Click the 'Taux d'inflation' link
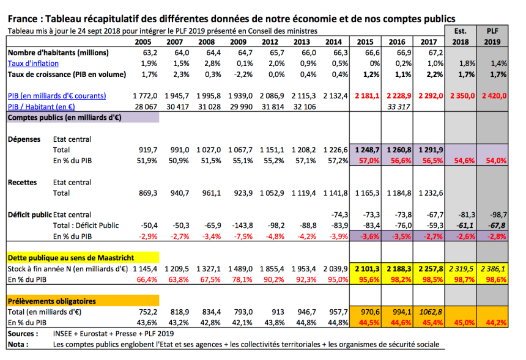pos(33,64)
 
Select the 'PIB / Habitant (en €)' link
pos(41,106)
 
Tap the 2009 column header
pos(238,42)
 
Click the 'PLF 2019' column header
pos(492,36)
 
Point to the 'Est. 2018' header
pos(460,36)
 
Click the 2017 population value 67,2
pos(435,53)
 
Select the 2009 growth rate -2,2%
pos(243,75)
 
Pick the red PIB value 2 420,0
pos(494,96)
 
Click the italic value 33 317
pos(399,106)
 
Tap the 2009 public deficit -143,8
pos(243,226)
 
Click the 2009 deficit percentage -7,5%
pos(243,237)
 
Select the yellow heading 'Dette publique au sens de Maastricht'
pos(71,258)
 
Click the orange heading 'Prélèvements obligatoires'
pos(51,301)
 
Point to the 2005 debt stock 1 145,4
pos(145,269)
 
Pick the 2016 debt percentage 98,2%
pos(401,279)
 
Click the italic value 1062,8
pos(431,312)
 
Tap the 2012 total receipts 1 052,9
pos(272,193)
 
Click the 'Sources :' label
pos(23,334)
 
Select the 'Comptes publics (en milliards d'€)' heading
pos(64,117)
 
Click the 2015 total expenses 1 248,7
pos(368,150)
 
